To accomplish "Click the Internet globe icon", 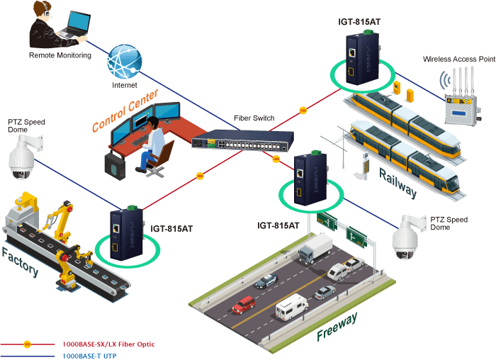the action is pos(124,62).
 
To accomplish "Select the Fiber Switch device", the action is pos(242,140).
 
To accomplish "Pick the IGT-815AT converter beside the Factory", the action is pos(127,233).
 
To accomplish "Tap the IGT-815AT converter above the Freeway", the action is pos(310,178).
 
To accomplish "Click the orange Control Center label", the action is pos(125,111).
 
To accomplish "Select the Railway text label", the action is pos(398,184).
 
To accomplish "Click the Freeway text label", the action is pos(337,327).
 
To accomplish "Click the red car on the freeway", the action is pos(244,305).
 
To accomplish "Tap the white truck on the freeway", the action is pos(315,248).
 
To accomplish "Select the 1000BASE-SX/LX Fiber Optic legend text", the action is pos(108,344).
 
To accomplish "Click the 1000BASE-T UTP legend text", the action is pos(89,356).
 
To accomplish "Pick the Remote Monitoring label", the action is pos(60,55).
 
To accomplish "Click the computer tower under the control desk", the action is pos(115,166).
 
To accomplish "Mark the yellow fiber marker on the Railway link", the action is pos(303,111).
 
